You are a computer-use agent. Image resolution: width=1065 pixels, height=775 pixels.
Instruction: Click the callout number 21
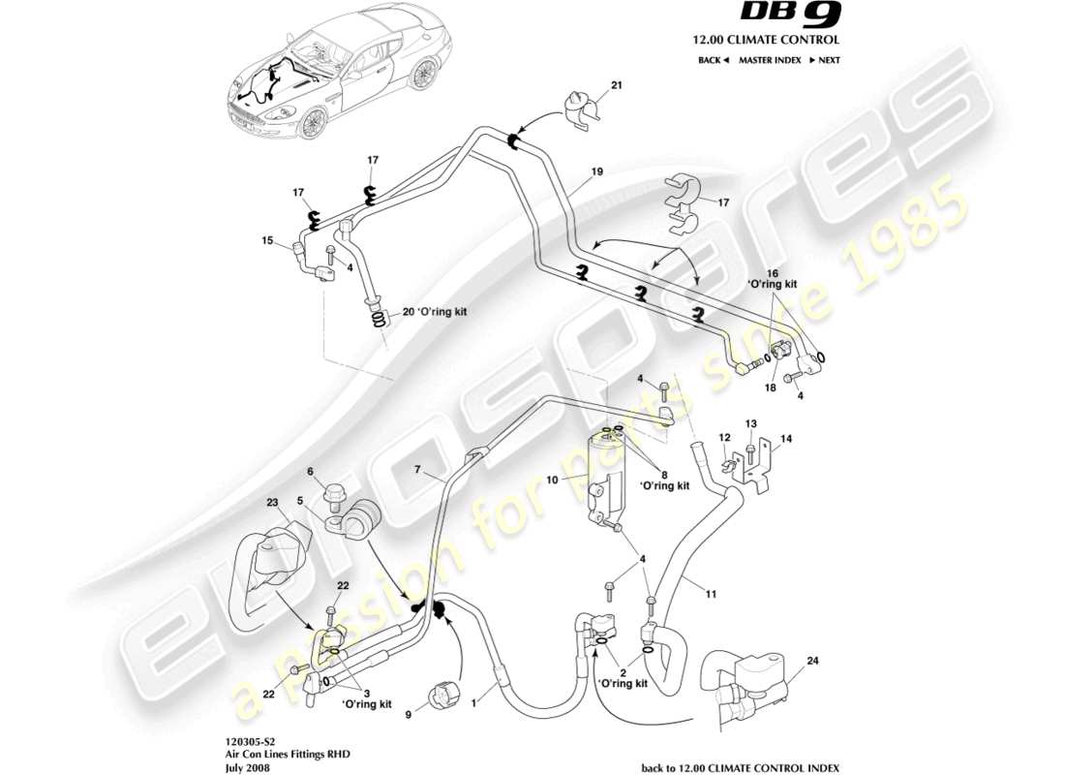tap(617, 86)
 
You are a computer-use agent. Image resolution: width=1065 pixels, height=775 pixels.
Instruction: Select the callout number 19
tap(597, 171)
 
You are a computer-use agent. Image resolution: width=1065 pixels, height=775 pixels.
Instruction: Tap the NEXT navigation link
tap(824, 60)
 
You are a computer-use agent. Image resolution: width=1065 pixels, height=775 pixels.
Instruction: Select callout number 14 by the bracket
tap(786, 439)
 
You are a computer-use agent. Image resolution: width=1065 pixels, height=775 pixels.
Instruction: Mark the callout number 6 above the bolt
tap(311, 472)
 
